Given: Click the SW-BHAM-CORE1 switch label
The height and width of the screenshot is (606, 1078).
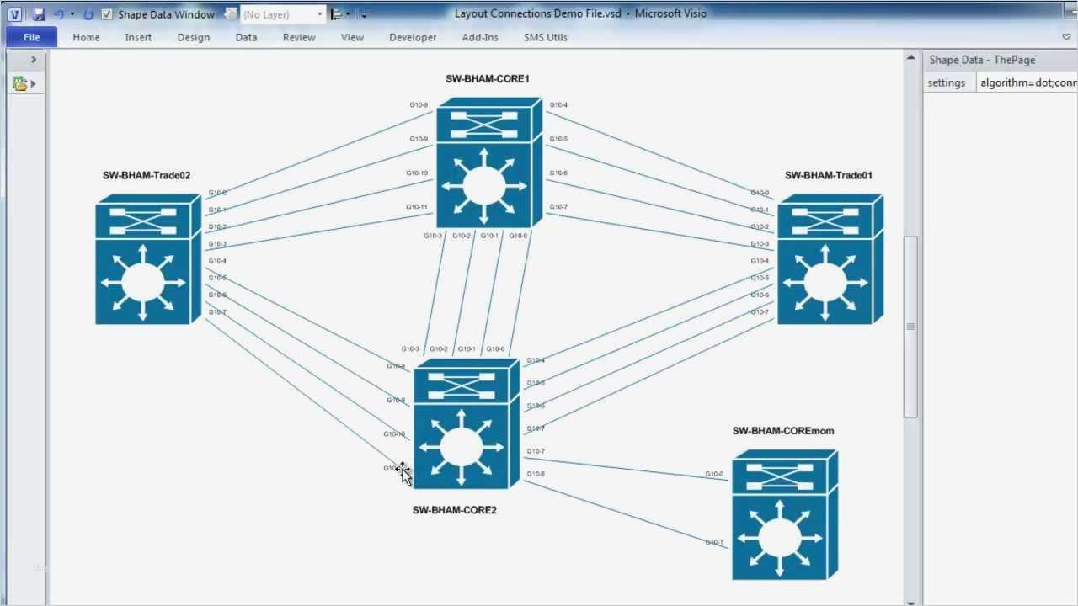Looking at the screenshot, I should click(x=487, y=79).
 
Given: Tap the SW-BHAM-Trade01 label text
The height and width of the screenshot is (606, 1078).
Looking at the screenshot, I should click(x=828, y=176).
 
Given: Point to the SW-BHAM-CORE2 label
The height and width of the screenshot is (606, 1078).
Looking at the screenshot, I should click(x=454, y=510).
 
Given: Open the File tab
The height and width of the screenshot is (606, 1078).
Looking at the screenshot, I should click(x=32, y=37).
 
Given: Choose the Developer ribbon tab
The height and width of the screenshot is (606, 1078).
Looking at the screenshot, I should click(x=413, y=37).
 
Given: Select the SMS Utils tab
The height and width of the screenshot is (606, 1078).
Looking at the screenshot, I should click(x=545, y=37).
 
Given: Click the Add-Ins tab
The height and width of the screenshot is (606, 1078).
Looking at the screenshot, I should click(x=480, y=37).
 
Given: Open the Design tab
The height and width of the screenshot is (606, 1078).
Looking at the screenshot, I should click(x=193, y=37).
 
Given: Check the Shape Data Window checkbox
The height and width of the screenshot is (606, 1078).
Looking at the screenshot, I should click(x=107, y=14).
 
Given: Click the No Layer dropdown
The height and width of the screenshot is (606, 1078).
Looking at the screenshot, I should click(x=282, y=14).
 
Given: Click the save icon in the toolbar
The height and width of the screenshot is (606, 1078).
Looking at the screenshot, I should click(x=39, y=14).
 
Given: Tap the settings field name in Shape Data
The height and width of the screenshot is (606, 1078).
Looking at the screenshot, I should click(x=946, y=82).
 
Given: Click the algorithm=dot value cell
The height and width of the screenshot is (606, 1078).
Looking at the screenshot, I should click(x=1027, y=82).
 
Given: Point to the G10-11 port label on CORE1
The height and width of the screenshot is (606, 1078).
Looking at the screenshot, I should click(x=417, y=207).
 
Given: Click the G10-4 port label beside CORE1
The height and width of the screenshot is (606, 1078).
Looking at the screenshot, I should click(x=558, y=105).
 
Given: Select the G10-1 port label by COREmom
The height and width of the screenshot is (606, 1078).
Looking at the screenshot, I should click(x=713, y=542).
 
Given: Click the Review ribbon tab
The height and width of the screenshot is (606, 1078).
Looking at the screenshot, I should click(x=299, y=37).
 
